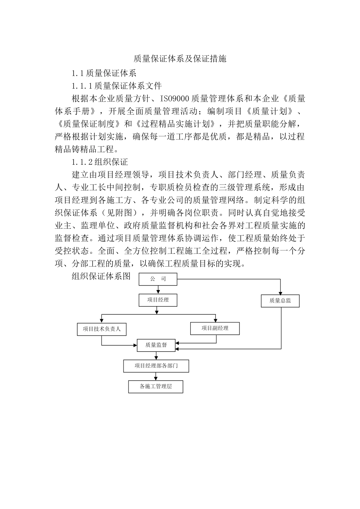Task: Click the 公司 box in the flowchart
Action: pos(158,279)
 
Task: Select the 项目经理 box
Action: pos(158,300)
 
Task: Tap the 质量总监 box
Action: pos(280,301)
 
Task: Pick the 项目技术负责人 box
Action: pos(102,329)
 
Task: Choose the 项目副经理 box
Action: pos(215,328)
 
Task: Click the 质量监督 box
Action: pos(156,345)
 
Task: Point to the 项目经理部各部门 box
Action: pos(156,366)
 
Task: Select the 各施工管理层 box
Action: pos(156,387)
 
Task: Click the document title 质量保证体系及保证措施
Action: pos(180,59)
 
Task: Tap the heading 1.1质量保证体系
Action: pos(104,73)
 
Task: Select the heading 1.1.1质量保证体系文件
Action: pos(117,86)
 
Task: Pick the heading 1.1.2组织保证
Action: pos(100,162)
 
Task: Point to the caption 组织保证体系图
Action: pos(101,276)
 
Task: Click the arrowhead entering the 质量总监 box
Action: pos(280,293)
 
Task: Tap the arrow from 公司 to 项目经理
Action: pos(158,290)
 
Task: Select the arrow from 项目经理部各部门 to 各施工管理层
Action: pos(156,376)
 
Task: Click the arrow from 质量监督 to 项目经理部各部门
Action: pos(156,356)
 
